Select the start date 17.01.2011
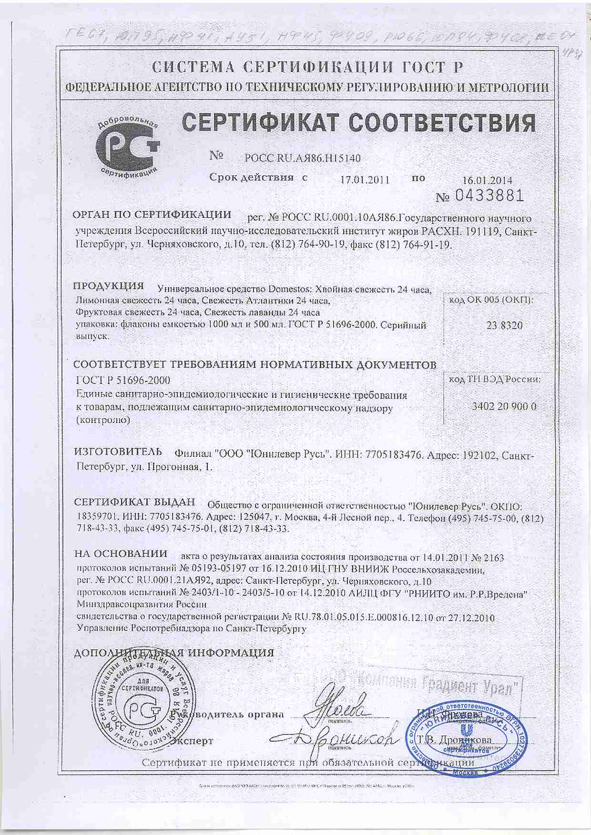[366, 180]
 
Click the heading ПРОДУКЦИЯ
[108, 287]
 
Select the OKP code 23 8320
[504, 326]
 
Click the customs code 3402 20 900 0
[504, 406]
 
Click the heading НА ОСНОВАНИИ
[121, 554]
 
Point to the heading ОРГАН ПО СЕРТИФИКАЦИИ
[151, 214]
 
